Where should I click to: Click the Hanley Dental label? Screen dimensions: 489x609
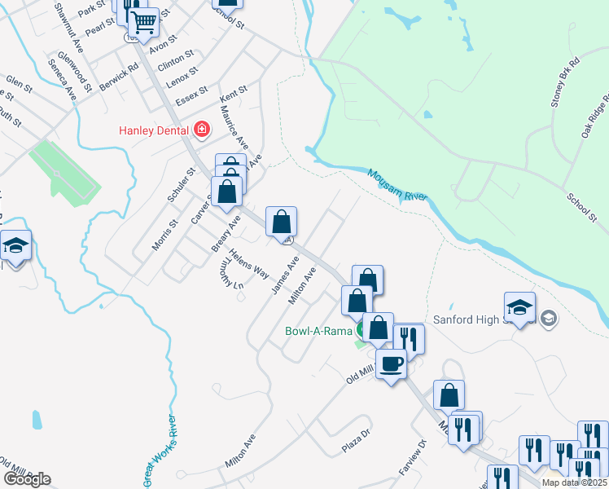154,130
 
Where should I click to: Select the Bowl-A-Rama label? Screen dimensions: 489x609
318,331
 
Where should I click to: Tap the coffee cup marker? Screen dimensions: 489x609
391,363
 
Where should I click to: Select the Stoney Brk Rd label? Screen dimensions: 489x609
563,81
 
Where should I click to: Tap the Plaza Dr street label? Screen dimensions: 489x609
356,444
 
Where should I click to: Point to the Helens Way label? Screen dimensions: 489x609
249,262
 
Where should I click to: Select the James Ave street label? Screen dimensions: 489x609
285,276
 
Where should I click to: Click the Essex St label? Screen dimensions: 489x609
192,96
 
